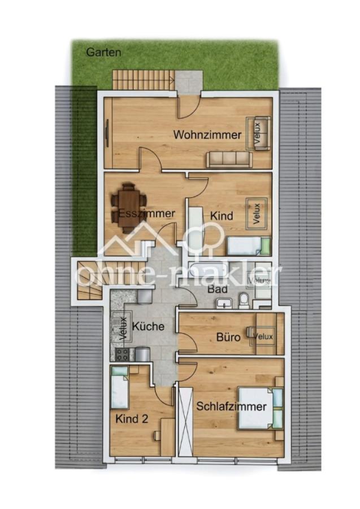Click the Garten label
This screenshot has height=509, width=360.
tap(103, 52)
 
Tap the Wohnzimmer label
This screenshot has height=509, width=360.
tap(207, 135)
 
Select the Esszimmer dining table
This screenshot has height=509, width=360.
tap(129, 208)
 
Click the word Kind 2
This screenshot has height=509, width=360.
tap(132, 419)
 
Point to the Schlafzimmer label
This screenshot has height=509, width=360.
tap(231, 407)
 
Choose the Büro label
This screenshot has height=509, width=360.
tap(228, 337)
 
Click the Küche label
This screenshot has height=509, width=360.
tap(149, 326)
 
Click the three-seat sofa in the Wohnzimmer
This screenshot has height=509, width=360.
tap(229, 159)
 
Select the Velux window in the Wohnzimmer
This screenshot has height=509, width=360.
tap(258, 133)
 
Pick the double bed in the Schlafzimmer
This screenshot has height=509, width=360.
tap(261, 408)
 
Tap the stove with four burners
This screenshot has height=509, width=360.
tap(123, 355)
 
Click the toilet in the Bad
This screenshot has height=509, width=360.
tap(244, 300)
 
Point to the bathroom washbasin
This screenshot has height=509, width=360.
tap(224, 304)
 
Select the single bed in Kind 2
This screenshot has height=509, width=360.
tap(120, 387)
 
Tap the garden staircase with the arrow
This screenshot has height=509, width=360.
tap(144, 79)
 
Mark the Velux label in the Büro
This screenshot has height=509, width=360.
tap(263, 337)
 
